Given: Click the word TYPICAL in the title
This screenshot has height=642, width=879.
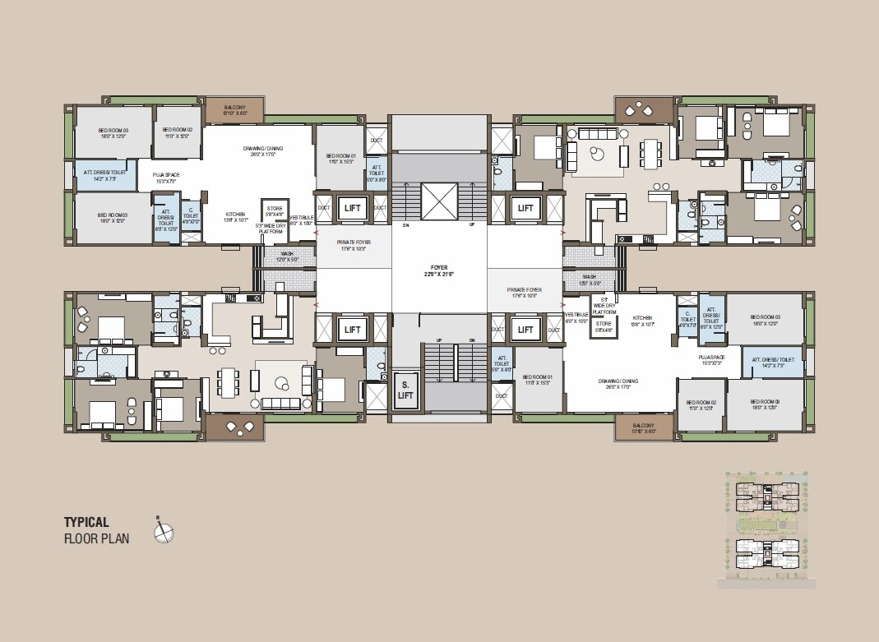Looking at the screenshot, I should pyautogui.click(x=86, y=522).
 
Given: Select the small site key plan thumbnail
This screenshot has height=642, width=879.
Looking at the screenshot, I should pyautogui.click(x=766, y=529).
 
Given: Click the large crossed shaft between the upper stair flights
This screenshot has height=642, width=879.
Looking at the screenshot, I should pyautogui.click(x=439, y=201).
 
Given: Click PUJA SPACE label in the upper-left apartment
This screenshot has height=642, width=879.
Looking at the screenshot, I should pyautogui.click(x=165, y=176).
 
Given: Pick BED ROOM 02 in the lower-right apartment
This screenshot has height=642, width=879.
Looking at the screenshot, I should pyautogui.click(x=701, y=404).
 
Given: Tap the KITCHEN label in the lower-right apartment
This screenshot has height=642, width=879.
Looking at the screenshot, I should pyautogui.click(x=642, y=321).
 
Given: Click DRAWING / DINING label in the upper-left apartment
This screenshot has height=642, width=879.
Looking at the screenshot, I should pyautogui.click(x=262, y=150).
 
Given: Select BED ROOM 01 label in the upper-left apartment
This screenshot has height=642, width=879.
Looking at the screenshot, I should pyautogui.click(x=340, y=157).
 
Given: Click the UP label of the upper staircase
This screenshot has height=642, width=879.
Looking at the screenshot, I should pyautogui.click(x=472, y=224).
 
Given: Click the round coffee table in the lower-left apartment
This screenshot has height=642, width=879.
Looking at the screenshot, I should pyautogui.click(x=282, y=381).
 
